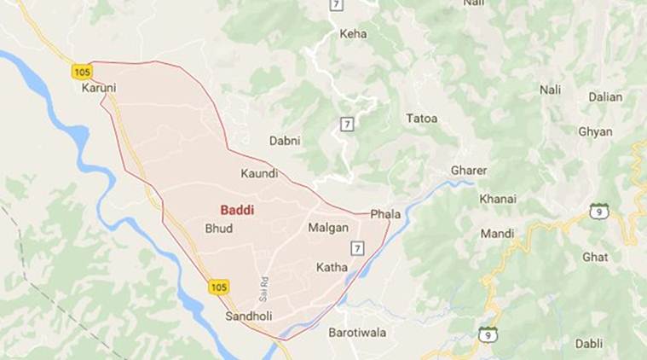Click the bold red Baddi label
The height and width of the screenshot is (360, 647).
(237, 208)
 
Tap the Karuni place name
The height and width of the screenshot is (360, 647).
(99, 88)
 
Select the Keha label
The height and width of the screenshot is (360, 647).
(353, 34)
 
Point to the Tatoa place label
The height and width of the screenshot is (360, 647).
(422, 118)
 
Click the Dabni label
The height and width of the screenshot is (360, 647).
(285, 140)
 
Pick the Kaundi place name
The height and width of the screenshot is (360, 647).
(260, 173)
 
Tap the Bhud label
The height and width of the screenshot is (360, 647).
(219, 229)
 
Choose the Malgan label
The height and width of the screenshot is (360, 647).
(328, 229)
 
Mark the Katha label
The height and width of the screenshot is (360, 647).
(332, 267)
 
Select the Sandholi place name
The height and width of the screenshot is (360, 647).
(248, 316)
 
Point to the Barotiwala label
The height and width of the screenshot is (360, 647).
(358, 332)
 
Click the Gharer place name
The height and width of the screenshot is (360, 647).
(469, 171)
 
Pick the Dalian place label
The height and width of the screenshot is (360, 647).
(605, 96)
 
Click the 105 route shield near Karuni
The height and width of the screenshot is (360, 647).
(82, 72)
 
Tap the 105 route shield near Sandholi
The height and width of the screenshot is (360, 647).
(218, 287)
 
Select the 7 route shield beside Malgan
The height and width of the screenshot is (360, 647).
(357, 247)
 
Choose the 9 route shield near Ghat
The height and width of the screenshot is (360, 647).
(600, 210)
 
